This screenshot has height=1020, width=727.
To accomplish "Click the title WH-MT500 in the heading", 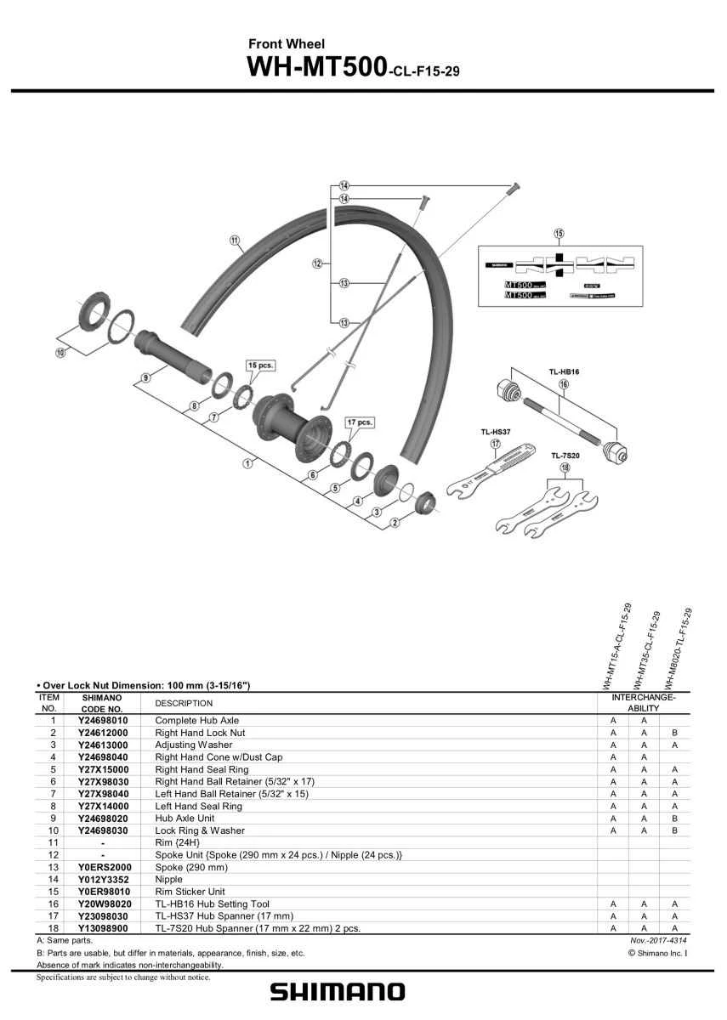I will click(315, 68).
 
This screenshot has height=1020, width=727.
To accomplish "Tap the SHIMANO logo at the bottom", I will click(338, 991).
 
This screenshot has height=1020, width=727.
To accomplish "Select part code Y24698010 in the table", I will click(103, 720).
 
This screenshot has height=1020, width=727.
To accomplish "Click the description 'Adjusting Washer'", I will click(193, 745).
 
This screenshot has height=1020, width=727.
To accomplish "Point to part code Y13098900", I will click(103, 928).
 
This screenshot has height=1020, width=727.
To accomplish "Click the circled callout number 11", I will click(235, 240).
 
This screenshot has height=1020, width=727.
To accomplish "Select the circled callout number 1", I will click(248, 463).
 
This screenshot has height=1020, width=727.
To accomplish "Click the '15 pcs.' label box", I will click(259, 365).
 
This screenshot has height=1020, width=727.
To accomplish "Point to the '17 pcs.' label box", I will click(360, 422).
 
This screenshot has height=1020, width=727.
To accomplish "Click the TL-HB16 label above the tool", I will click(563, 371).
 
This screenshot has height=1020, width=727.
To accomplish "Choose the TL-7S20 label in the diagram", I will click(565, 456).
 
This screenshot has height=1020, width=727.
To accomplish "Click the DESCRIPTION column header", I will click(184, 703).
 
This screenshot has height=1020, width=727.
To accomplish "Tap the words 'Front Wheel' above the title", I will click(287, 43).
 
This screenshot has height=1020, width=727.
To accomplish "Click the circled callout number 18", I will click(565, 467).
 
